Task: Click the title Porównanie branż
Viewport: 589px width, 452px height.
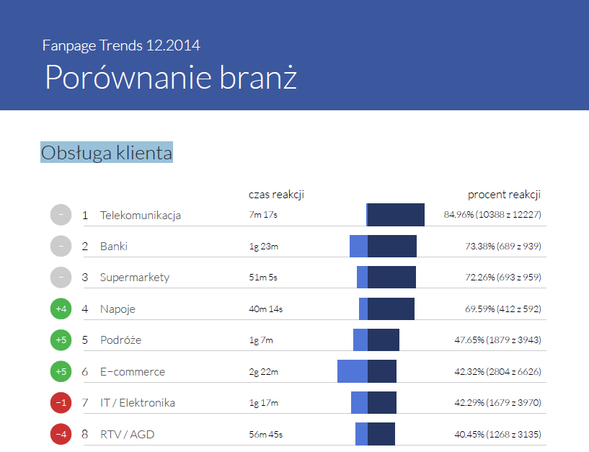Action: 170,76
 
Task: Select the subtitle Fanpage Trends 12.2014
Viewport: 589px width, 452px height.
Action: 121,45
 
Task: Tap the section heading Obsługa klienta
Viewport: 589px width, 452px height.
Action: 107,153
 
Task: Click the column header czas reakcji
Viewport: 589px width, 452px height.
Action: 277,195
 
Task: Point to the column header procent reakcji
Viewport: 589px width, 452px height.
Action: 504,195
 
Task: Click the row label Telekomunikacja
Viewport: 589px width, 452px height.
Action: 141,215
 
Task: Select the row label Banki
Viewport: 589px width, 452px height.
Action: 114,246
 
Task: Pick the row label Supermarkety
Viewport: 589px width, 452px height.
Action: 135,277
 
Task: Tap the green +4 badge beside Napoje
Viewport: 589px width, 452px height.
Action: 61,309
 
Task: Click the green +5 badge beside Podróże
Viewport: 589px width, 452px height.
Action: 61,340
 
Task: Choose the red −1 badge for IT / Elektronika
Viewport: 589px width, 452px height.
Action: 61,402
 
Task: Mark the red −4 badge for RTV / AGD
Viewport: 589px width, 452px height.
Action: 61,434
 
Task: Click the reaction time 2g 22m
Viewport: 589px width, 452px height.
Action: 263,371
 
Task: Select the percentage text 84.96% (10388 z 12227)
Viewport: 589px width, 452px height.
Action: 492,215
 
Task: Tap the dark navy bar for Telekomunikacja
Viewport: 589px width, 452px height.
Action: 396,215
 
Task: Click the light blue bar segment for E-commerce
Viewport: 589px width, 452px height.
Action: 353,371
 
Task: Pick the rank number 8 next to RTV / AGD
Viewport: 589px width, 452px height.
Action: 85,434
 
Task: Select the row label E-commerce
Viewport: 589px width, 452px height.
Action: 133,371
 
